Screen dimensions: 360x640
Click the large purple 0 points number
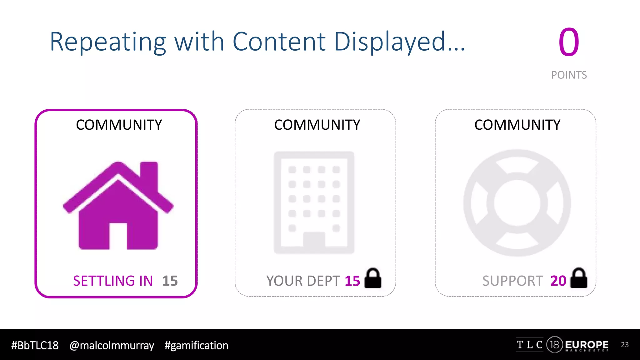569,42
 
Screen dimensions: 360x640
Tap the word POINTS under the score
569,75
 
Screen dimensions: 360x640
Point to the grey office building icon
314,202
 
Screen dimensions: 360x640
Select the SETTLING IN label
113,281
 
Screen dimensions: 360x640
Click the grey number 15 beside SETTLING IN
170,281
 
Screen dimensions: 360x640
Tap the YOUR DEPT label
303,281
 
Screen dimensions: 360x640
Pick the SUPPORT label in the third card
512,281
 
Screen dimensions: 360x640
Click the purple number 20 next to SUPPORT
558,281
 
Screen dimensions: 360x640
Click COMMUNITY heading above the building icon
317,125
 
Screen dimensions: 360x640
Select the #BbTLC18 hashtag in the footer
35,345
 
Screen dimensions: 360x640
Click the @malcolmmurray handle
112,345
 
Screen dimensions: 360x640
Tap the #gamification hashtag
196,345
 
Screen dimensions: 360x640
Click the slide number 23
625,345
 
